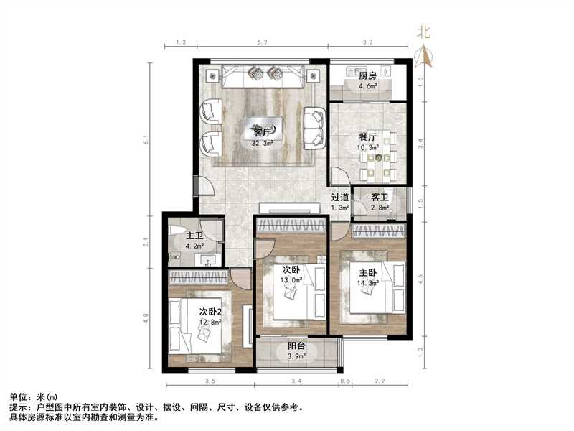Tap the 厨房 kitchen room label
(368, 75)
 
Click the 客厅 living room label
(261, 132)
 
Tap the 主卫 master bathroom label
(194, 236)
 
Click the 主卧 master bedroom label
(368, 272)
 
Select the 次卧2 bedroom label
(210, 311)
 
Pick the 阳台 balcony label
(298, 344)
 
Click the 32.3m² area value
(261, 143)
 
